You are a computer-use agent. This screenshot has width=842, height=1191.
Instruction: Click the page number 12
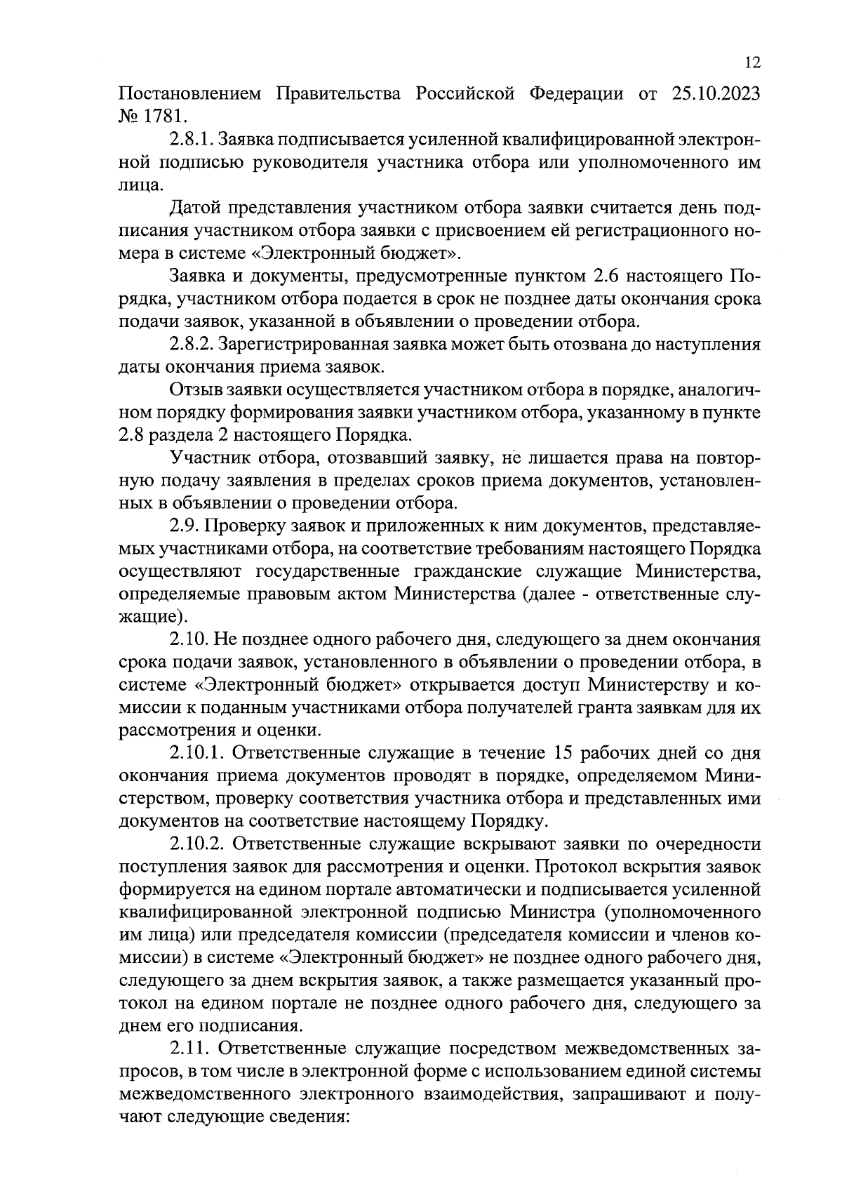(x=751, y=63)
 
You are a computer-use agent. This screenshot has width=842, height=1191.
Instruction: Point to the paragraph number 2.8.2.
(x=192, y=345)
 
